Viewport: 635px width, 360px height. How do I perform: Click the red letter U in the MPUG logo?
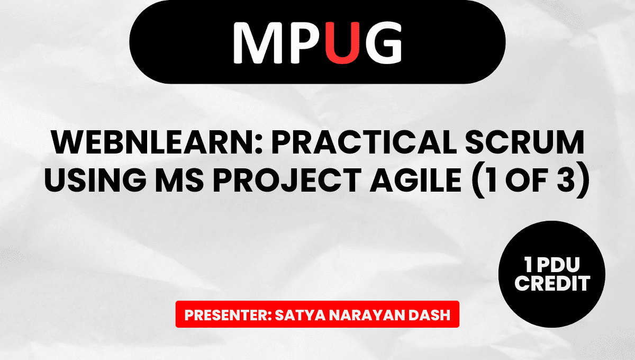point(342,43)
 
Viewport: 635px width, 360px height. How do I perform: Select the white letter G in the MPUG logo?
point(383,43)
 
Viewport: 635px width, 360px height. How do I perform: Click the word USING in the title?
point(95,179)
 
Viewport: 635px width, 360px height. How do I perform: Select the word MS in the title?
point(179,179)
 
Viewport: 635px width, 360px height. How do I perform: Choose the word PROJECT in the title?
point(287,179)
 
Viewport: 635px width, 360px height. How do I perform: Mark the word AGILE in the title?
point(415,179)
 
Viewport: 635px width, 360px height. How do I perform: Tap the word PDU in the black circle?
point(558,265)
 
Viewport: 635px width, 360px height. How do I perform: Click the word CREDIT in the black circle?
point(552,283)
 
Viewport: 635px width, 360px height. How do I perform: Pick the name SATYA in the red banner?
point(300,315)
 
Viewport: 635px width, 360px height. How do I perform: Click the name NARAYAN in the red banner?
point(367,315)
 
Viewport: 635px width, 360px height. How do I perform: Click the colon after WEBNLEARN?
point(259,145)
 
